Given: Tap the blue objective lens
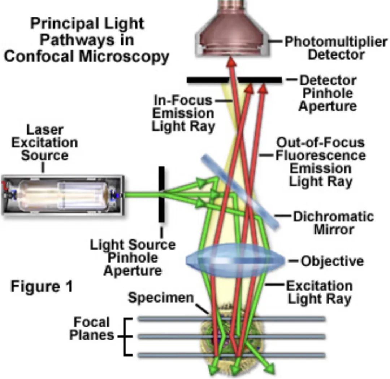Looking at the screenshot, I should [x=235, y=260].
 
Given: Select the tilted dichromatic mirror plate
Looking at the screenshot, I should [x=240, y=191].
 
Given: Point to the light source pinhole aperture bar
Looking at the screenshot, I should [x=161, y=195].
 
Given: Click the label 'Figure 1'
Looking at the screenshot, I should [x=42, y=287].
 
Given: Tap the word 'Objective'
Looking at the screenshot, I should [x=332, y=261].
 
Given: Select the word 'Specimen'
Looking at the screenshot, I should [x=161, y=298].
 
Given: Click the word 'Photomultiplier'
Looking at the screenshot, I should [x=335, y=42].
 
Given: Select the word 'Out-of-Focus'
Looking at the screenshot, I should [x=320, y=143].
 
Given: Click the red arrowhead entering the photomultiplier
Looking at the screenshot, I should [x=231, y=64].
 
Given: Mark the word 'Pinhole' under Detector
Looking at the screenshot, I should [x=328, y=93].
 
